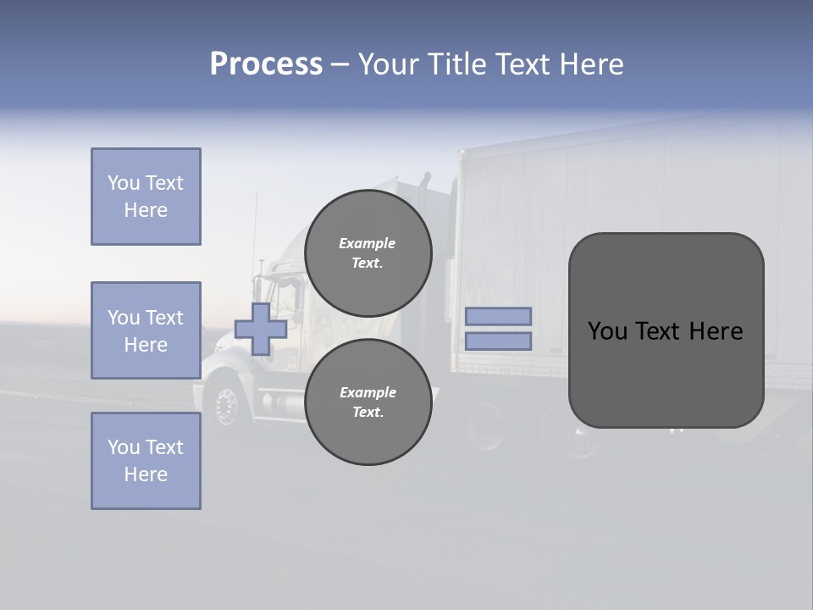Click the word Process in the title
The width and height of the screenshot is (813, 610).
pyautogui.click(x=266, y=64)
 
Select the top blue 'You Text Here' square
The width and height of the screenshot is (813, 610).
pyautogui.click(x=146, y=197)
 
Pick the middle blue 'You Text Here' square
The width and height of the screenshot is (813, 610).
pyautogui.click(x=146, y=330)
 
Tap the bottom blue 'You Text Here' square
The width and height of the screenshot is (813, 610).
pyautogui.click(x=146, y=461)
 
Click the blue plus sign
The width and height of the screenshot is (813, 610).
pyautogui.click(x=261, y=329)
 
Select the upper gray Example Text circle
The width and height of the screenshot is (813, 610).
pyautogui.click(x=368, y=252)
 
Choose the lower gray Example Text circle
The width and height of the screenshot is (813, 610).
pyautogui.click(x=368, y=402)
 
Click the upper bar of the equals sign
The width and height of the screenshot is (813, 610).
pyautogui.click(x=498, y=317)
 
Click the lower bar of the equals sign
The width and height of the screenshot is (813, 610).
pyautogui.click(x=498, y=341)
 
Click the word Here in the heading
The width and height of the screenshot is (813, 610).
pyautogui.click(x=592, y=64)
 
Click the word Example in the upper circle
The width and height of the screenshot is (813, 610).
pyautogui.click(x=367, y=243)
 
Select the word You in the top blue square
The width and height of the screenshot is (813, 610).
pyautogui.click(x=124, y=183)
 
